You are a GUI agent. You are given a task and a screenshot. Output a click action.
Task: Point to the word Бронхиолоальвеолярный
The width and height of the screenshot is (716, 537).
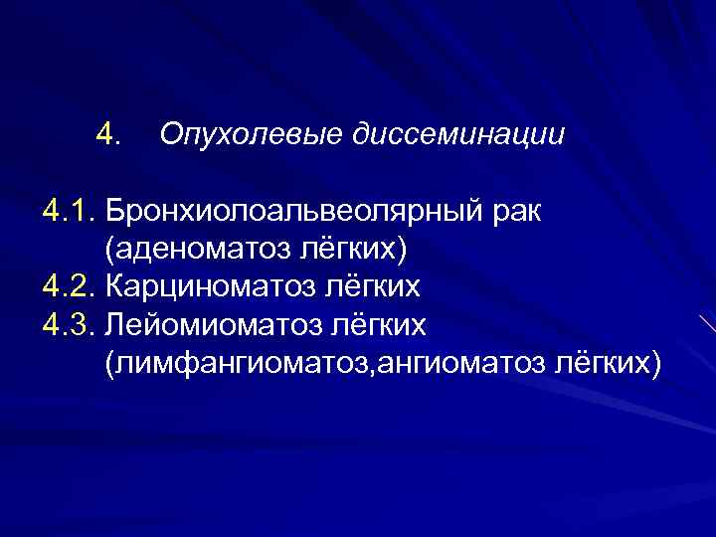click(x=295, y=212)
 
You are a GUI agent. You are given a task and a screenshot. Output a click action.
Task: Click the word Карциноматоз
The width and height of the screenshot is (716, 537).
click(x=212, y=287)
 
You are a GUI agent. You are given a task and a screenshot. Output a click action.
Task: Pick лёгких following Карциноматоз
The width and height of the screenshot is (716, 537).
click(x=371, y=287)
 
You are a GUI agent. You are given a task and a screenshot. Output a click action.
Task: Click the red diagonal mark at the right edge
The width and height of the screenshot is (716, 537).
click(x=706, y=324)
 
